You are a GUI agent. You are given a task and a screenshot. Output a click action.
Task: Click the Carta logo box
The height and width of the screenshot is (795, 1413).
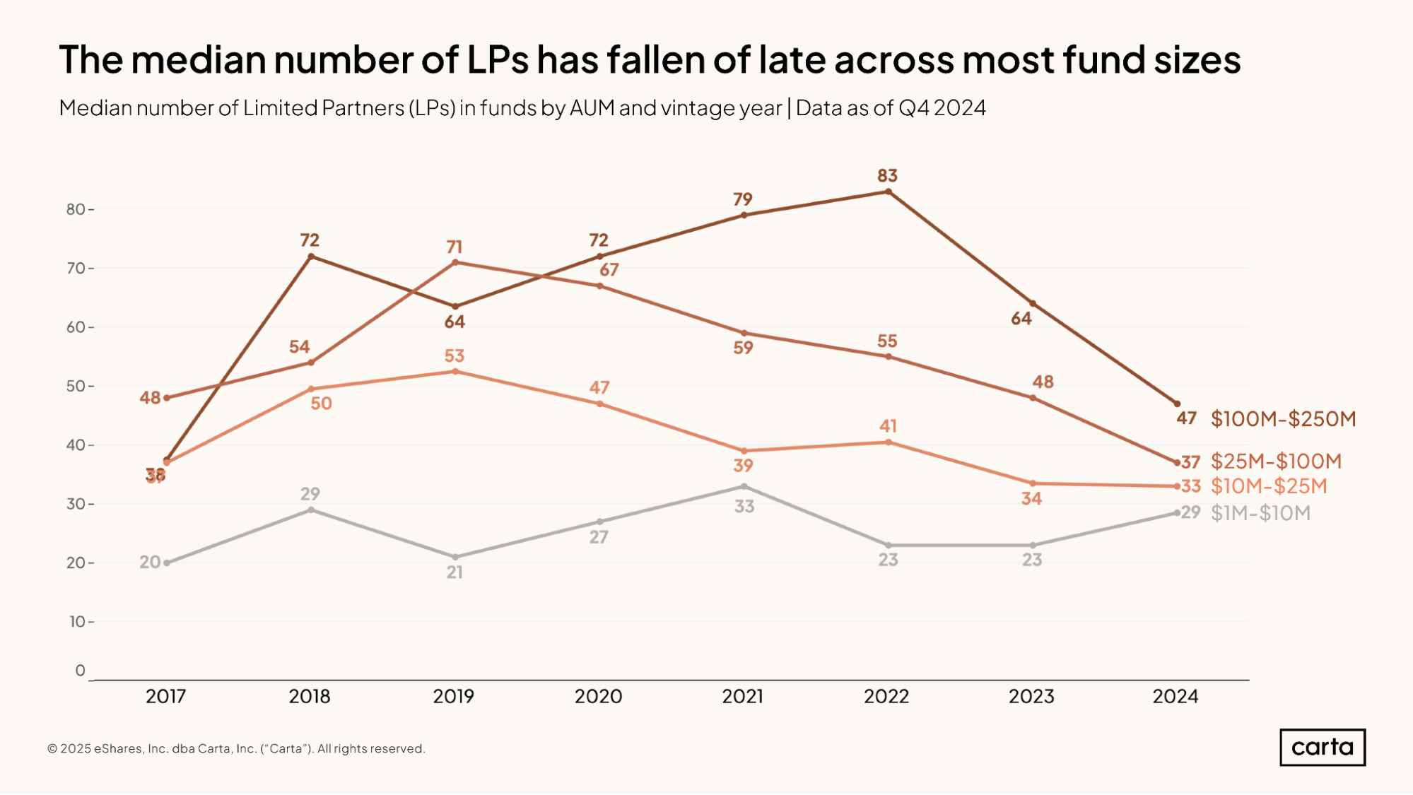tap(1322, 747)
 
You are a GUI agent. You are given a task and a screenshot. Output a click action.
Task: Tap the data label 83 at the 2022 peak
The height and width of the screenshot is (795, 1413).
tap(887, 175)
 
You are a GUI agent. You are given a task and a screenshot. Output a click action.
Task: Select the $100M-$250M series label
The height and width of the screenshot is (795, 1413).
tap(1283, 418)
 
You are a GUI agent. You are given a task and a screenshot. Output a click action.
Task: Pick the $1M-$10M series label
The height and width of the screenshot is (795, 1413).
tap(1260, 513)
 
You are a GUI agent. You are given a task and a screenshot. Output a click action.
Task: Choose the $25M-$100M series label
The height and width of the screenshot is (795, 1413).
tap(1276, 461)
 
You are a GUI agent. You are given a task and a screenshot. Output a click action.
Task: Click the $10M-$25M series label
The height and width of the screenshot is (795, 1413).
tap(1269, 486)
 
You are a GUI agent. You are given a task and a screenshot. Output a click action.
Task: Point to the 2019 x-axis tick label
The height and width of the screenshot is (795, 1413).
tap(453, 697)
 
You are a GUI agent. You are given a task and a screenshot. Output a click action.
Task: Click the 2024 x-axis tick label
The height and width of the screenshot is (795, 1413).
tap(1175, 697)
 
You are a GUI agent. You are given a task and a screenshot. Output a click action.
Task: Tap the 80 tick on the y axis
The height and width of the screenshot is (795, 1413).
tap(76, 209)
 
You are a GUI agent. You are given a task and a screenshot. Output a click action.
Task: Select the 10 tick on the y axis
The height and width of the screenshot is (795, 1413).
tap(77, 622)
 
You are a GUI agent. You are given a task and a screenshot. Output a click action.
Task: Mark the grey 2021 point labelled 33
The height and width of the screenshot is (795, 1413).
tap(744, 486)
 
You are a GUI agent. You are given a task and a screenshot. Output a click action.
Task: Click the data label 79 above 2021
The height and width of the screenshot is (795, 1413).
tap(742, 199)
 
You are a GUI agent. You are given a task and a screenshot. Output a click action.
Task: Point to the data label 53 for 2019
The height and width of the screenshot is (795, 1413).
tap(454, 355)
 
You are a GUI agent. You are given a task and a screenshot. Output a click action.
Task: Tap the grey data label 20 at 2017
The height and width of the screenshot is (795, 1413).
tap(150, 563)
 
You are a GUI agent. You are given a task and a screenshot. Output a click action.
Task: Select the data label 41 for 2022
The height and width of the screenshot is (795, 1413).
tap(888, 426)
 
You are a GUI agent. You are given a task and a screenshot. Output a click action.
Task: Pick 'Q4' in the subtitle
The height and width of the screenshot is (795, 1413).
tap(913, 108)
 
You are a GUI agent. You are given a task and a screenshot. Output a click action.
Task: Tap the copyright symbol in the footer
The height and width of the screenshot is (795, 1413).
tap(52, 749)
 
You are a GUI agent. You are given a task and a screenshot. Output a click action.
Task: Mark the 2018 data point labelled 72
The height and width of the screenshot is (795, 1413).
tap(311, 256)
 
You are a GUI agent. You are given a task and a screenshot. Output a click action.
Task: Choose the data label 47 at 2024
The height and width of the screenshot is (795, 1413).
tap(1186, 418)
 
